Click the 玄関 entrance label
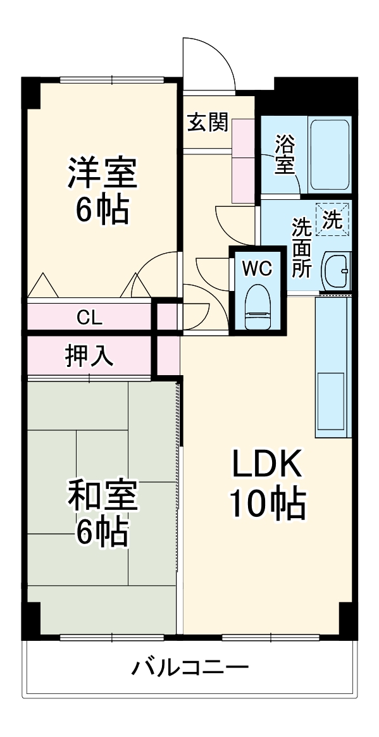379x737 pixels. (x=207, y=123)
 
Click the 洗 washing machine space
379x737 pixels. (x=332, y=218)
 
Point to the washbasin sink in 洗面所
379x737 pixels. (x=335, y=271)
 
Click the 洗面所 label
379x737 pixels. (x=301, y=247)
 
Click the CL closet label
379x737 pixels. (x=89, y=318)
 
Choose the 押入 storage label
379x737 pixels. (x=89, y=356)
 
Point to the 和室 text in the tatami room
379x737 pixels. (x=103, y=496)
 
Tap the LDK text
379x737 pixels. (x=266, y=466)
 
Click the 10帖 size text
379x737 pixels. (x=266, y=504)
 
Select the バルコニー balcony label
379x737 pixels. (x=190, y=667)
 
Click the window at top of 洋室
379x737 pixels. (x=112, y=80)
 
